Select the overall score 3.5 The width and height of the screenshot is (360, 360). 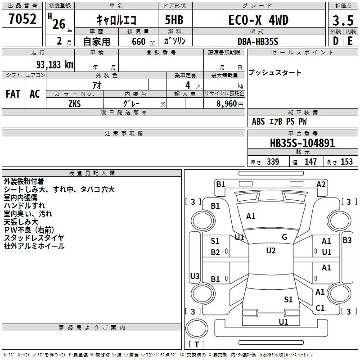click(x=342, y=21)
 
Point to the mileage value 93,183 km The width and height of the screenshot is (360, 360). click(x=52, y=64)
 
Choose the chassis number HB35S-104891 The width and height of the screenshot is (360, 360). click(x=302, y=143)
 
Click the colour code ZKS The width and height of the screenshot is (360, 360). click(x=75, y=103)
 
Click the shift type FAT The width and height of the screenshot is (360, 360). click(x=13, y=94)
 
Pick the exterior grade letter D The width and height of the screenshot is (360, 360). click(x=335, y=40)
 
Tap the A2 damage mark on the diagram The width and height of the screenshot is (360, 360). click(x=321, y=184)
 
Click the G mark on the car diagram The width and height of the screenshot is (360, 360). click(x=284, y=237)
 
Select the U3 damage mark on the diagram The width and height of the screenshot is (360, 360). click(x=195, y=276)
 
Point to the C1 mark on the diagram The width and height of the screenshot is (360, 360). click(x=320, y=308)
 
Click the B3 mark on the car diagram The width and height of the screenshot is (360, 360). click(x=347, y=240)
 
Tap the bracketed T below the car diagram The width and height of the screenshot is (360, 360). click(x=196, y=345)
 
